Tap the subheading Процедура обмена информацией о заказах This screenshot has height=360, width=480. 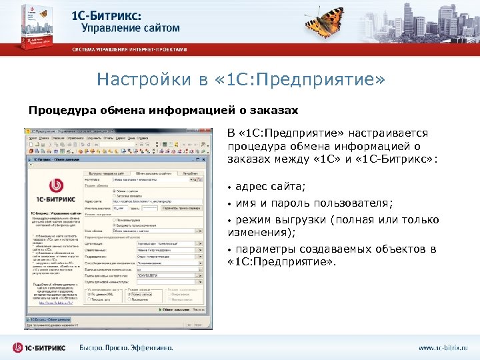coord(163,109)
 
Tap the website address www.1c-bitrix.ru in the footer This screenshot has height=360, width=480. coord(443,348)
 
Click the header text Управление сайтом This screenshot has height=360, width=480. coord(131,28)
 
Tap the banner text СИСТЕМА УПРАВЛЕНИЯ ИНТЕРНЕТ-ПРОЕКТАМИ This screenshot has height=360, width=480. coord(130,49)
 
